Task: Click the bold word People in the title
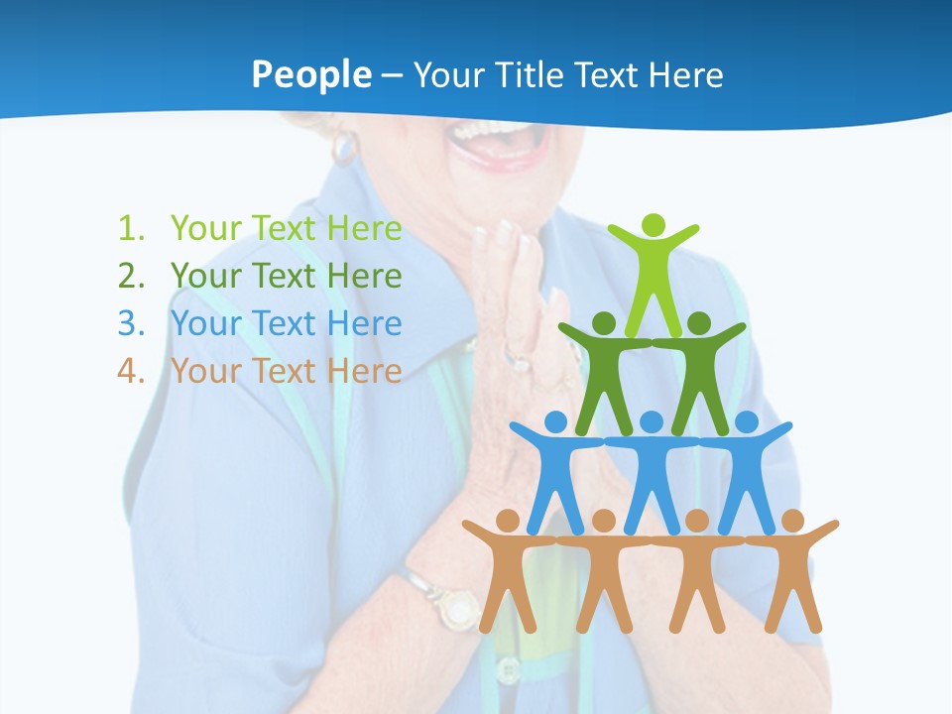tap(310, 74)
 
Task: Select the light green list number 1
tap(130, 228)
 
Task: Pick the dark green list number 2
tap(130, 276)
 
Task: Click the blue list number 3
tap(130, 323)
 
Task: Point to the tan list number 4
tap(130, 371)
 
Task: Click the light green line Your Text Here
tap(286, 228)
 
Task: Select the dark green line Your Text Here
tap(286, 276)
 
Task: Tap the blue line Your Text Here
tap(286, 323)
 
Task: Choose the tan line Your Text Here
tap(286, 371)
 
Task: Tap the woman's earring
tap(343, 147)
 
